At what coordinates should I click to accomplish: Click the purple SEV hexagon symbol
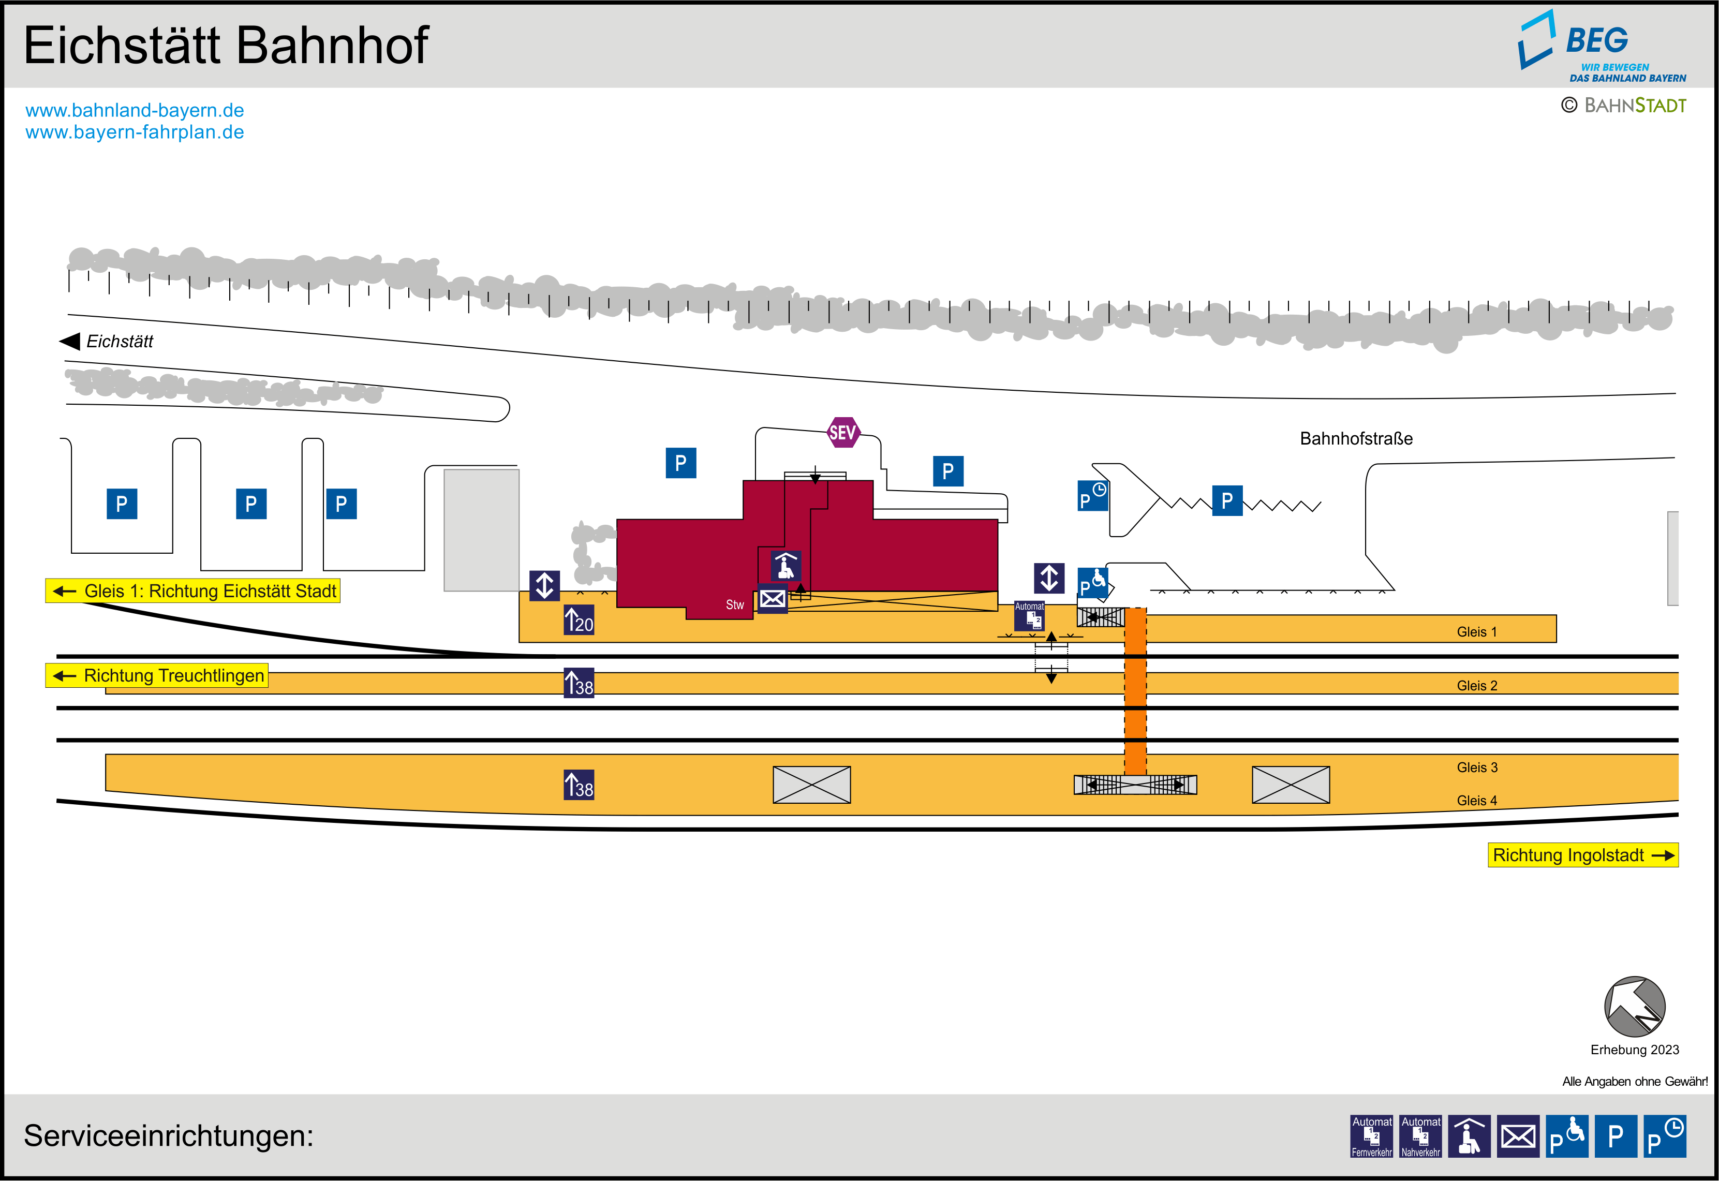(x=842, y=432)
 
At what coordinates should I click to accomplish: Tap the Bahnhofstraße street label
(x=1356, y=439)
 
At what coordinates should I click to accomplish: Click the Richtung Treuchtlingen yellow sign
(x=157, y=675)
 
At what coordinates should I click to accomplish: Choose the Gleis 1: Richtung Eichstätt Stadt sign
(x=193, y=591)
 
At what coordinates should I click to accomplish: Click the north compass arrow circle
(x=1634, y=1007)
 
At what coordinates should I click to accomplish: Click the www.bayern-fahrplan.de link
(x=135, y=132)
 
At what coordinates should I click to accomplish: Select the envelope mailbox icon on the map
(x=772, y=599)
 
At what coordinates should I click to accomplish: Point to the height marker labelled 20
(x=579, y=620)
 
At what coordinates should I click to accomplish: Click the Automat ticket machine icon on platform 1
(x=1029, y=616)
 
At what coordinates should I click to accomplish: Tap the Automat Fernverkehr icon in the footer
(x=1371, y=1136)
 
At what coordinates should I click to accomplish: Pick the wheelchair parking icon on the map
(x=1092, y=583)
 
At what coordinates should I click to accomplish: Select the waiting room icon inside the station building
(x=786, y=565)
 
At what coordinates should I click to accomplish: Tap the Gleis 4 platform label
(x=1476, y=801)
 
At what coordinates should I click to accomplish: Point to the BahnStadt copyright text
(x=1624, y=106)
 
